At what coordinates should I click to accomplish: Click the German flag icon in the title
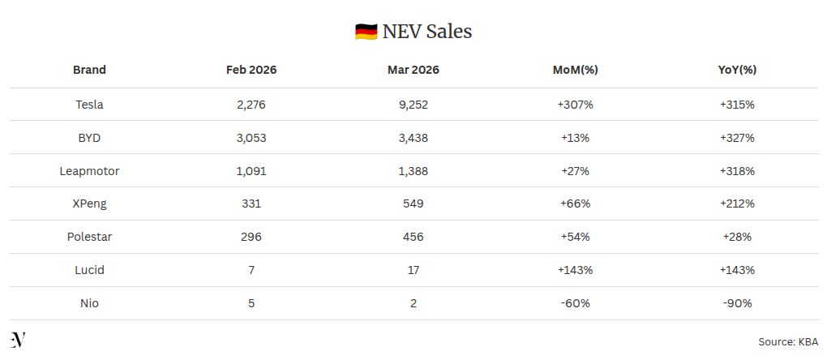(x=366, y=32)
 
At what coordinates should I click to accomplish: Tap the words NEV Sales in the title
(x=427, y=32)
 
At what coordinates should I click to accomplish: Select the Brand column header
(x=89, y=70)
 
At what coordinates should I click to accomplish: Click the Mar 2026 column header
(x=413, y=70)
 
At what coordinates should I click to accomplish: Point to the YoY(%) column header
(x=737, y=70)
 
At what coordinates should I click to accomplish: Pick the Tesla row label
(x=89, y=105)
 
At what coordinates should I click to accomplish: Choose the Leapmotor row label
(x=89, y=171)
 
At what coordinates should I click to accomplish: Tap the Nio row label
(x=89, y=303)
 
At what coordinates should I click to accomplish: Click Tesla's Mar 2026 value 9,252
(x=413, y=105)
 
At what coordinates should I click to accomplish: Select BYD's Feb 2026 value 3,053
(x=251, y=138)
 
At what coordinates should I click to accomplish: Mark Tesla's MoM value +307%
(x=575, y=105)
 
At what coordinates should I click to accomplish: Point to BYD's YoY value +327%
(x=737, y=138)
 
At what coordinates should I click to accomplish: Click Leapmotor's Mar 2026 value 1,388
(x=413, y=171)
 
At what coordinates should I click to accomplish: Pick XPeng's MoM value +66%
(x=575, y=204)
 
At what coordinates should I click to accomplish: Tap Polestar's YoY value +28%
(x=737, y=237)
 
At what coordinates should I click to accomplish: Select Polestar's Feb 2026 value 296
(x=251, y=237)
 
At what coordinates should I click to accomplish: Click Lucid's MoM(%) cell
(x=575, y=270)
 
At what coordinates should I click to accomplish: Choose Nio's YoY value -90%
(x=737, y=303)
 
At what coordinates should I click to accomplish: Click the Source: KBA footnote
(x=788, y=342)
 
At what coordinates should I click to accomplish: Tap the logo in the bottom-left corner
(x=18, y=340)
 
